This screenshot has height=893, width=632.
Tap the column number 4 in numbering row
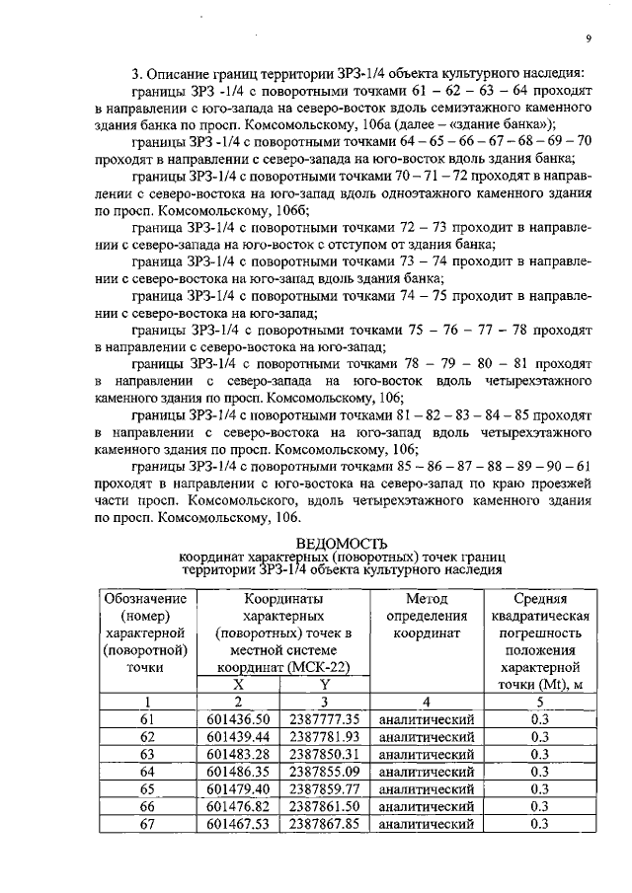(427, 702)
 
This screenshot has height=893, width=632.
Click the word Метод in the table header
(427, 598)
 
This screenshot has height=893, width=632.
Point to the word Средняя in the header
(539, 598)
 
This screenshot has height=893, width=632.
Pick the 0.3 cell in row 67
(539, 824)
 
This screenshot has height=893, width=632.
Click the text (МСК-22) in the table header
(322, 666)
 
